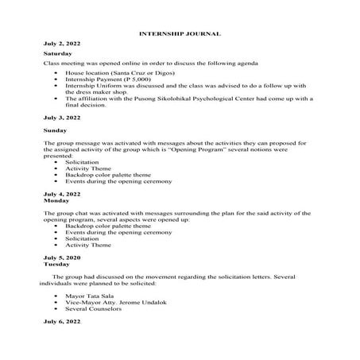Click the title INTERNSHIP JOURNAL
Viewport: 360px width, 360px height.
pos(180,34)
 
